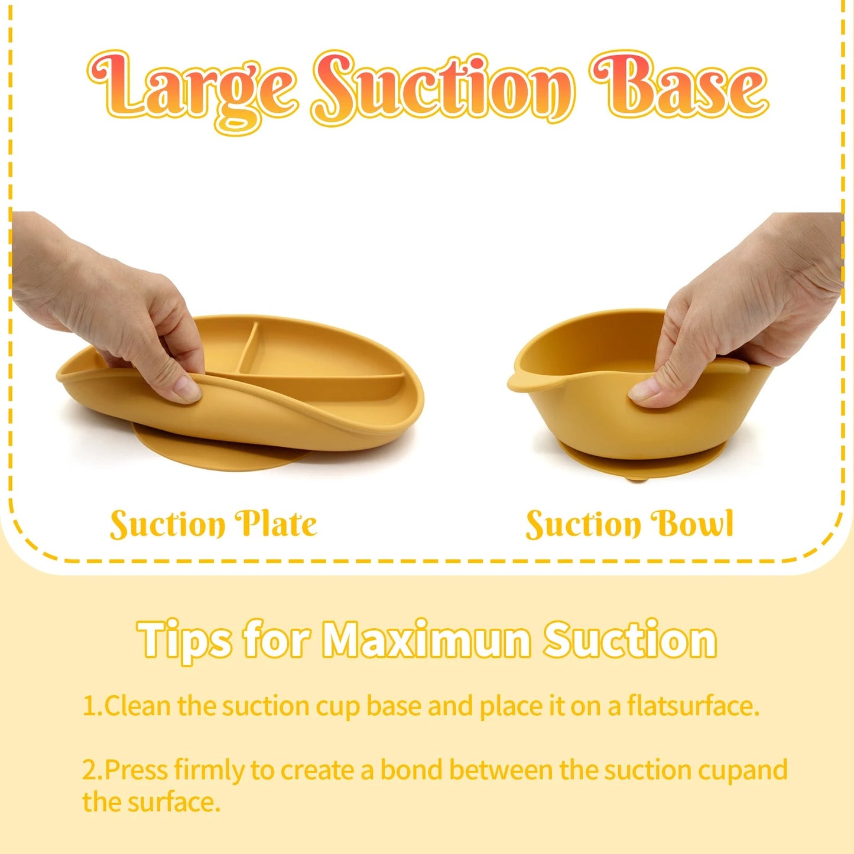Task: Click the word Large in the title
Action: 192,89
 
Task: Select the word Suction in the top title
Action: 443,89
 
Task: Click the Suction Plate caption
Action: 213,524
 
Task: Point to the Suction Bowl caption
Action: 629,524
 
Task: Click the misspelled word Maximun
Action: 427,639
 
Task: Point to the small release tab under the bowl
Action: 636,478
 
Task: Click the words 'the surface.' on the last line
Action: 151,803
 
